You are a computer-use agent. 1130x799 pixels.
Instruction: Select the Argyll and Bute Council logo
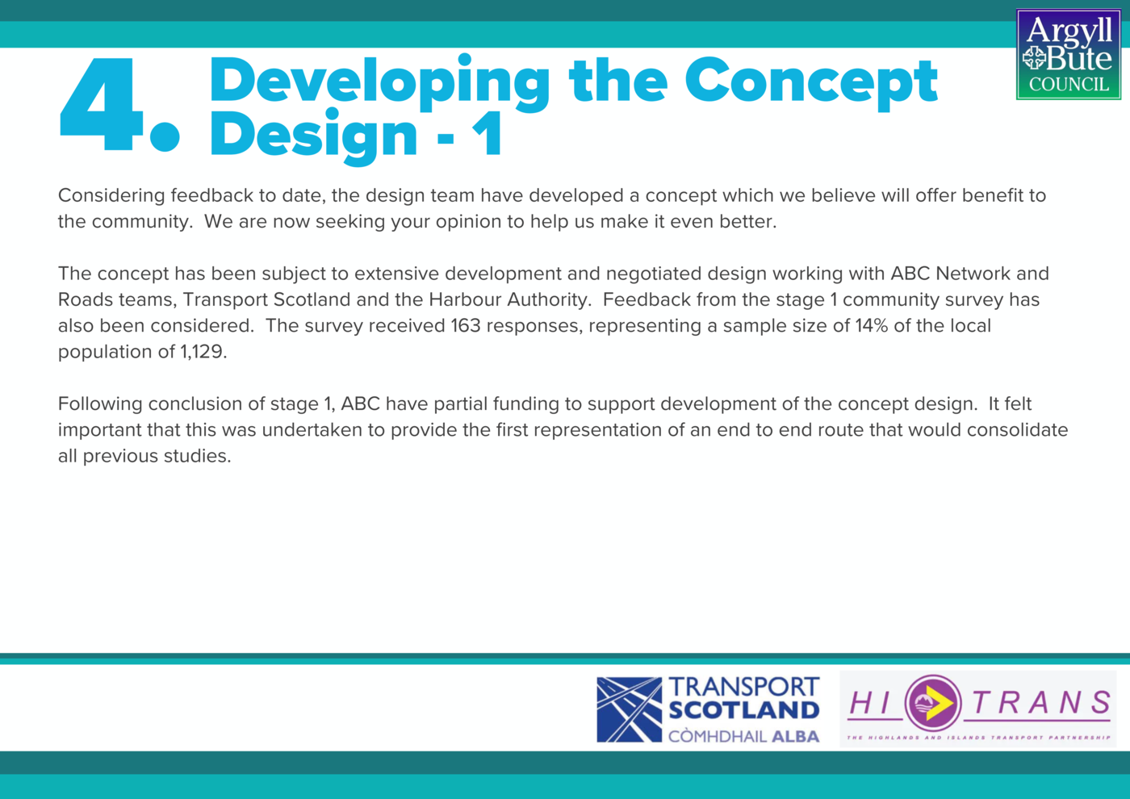tap(1069, 54)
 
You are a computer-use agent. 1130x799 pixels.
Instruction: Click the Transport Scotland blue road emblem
tap(629, 709)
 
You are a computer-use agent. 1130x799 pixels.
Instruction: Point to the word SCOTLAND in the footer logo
tap(744, 711)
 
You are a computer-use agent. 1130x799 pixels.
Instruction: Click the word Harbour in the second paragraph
tap(465, 299)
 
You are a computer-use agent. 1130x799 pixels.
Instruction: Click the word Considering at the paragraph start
tap(111, 195)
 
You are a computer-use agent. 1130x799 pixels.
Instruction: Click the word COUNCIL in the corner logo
tap(1069, 84)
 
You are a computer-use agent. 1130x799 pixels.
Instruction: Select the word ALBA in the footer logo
tap(796, 736)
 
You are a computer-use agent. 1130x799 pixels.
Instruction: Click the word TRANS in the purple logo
tap(1041, 703)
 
